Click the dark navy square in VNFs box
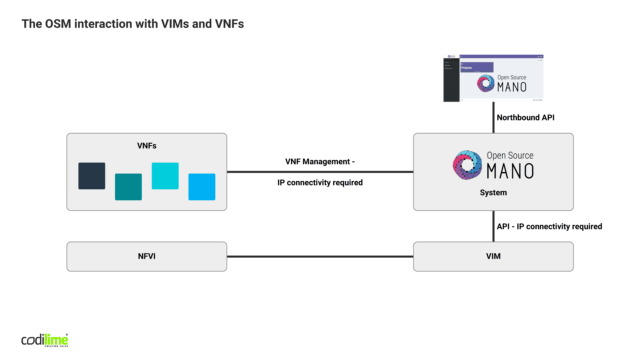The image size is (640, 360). pyautogui.click(x=92, y=176)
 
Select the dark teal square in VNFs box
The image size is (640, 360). pyautogui.click(x=128, y=187)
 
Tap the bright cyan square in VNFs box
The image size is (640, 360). pyautogui.click(x=165, y=176)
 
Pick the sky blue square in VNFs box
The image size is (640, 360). pyautogui.click(x=202, y=187)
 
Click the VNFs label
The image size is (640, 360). pyautogui.click(x=147, y=146)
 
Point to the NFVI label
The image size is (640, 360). pyautogui.click(x=147, y=256)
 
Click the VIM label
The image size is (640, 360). pyautogui.click(x=493, y=256)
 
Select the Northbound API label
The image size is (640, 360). pyautogui.click(x=525, y=118)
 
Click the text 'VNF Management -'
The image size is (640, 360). pyautogui.click(x=320, y=162)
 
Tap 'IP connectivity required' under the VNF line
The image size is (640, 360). pyautogui.click(x=320, y=183)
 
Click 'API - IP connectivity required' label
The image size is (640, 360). pyautogui.click(x=549, y=227)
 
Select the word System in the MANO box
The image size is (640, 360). pyautogui.click(x=493, y=193)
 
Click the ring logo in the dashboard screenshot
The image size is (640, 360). pyautogui.click(x=486, y=83)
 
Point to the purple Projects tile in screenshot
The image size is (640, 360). pyautogui.click(x=477, y=67)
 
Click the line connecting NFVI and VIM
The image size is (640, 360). pyautogui.click(x=320, y=257)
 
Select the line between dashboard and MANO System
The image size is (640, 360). pyautogui.click(x=493, y=117)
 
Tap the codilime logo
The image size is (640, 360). pyautogui.click(x=45, y=340)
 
